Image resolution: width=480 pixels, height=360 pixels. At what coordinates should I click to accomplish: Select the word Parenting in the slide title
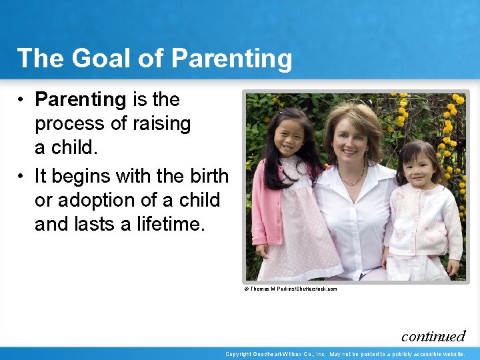tap(231, 59)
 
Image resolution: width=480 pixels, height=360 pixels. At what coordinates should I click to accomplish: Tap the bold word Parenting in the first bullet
tap(81, 100)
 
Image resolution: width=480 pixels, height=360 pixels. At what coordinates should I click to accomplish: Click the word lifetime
tap(170, 225)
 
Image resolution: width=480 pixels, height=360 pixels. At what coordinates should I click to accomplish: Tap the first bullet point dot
tap(22, 100)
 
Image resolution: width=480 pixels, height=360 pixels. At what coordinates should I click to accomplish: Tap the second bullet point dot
tap(22, 176)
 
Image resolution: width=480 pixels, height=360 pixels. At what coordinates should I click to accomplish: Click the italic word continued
tap(433, 336)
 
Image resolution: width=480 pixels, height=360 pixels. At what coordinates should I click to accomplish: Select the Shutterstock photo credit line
tap(291, 289)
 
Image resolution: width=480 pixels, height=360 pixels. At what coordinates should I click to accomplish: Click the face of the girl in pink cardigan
tap(287, 137)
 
